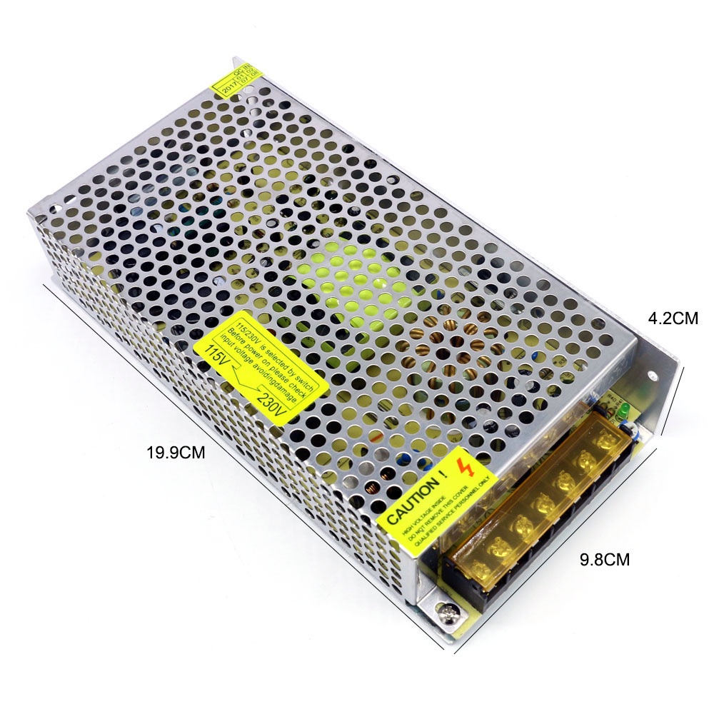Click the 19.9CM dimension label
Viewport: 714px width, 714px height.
coord(176,452)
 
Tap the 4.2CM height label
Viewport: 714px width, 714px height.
coord(672,318)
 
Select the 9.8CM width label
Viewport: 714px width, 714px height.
coord(605,560)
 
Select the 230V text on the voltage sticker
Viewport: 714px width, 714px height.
coord(272,407)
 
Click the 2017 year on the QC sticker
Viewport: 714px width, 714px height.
coord(227,89)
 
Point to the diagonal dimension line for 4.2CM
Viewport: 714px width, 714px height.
coord(673,400)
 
